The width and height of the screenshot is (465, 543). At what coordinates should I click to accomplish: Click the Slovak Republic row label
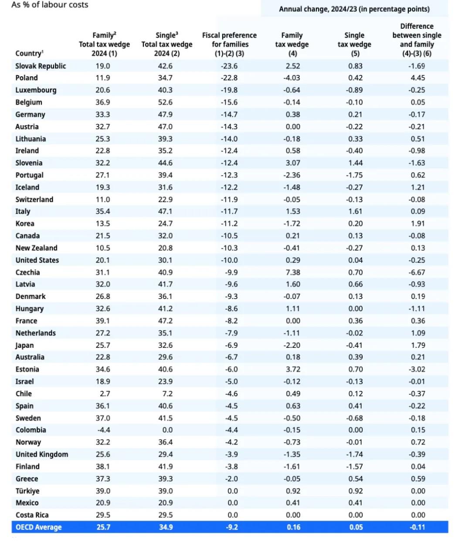(41, 66)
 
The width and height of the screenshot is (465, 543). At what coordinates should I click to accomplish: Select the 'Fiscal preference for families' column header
(229, 44)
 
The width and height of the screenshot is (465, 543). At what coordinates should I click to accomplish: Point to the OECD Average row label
(38, 527)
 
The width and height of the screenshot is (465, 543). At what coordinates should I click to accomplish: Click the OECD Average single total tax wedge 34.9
(166, 527)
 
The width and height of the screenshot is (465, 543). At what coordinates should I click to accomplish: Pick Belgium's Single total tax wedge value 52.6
(166, 102)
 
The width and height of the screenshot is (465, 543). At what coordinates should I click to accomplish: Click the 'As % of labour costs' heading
(50, 5)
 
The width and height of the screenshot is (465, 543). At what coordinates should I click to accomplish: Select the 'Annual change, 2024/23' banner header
(354, 9)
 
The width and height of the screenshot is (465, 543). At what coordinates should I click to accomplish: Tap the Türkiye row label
(27, 491)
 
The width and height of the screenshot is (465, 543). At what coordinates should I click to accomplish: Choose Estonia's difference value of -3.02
(417, 369)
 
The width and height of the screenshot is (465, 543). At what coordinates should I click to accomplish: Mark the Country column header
(29, 53)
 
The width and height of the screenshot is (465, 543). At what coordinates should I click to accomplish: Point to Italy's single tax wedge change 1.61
(355, 211)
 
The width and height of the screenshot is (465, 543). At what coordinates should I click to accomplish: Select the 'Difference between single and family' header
(417, 40)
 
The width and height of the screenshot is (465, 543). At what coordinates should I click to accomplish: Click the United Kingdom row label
(42, 454)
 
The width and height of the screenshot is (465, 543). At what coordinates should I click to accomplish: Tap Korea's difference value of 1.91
(417, 224)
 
